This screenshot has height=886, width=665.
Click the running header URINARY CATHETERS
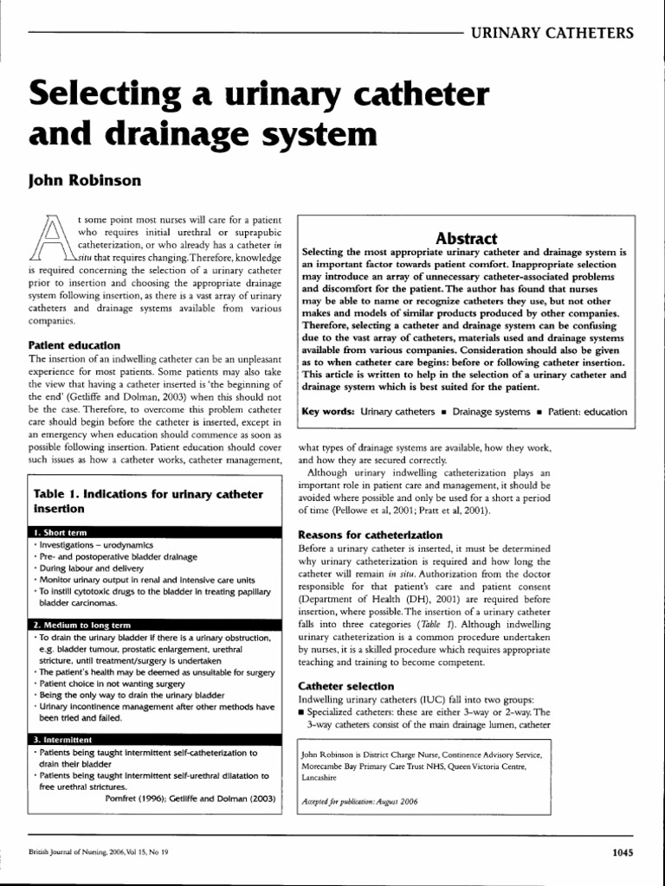coord(552,34)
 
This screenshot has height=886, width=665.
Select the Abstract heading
coord(466,238)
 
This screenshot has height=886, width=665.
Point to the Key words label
coord(327,412)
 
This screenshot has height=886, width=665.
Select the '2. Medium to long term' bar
coord(84,624)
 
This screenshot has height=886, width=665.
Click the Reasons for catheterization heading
coord(370,535)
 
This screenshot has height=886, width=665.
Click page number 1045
coord(622,852)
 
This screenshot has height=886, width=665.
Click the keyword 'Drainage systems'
coord(491,412)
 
